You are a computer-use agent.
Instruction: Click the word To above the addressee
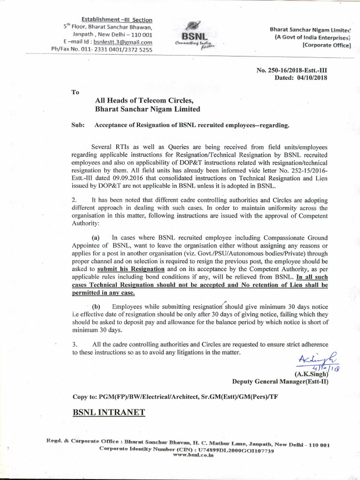tap(75, 92)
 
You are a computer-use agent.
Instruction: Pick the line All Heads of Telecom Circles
tap(144, 100)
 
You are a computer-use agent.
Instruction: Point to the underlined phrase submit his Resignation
tap(131, 269)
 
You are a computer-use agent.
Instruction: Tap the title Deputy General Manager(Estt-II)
tap(280, 382)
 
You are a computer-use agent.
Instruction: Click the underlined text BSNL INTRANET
tap(109, 412)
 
